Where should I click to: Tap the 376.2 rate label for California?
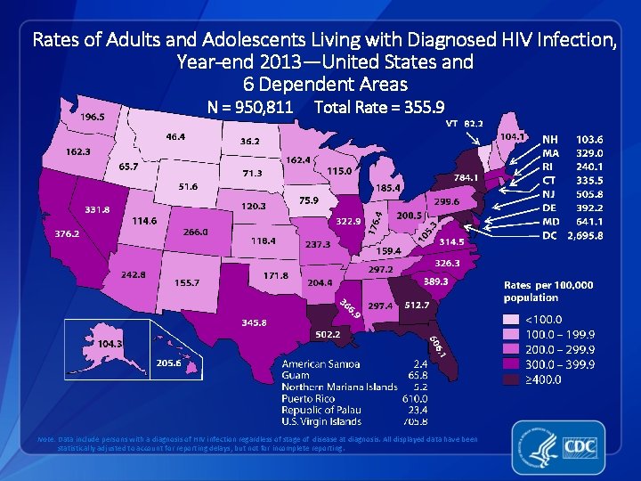67,233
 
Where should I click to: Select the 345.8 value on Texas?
248,322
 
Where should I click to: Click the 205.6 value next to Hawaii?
169,363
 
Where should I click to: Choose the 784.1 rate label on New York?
466,177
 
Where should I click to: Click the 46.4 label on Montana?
175,136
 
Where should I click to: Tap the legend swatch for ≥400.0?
513,379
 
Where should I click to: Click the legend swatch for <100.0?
513,318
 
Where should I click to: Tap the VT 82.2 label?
464,123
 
